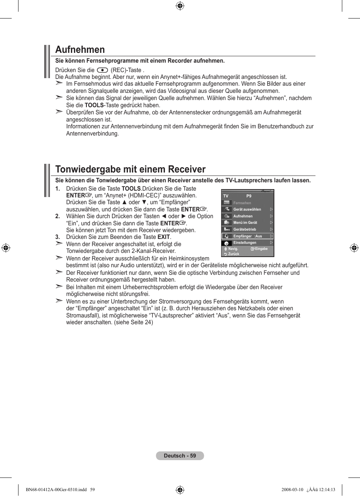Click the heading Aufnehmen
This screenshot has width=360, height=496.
point(80,49)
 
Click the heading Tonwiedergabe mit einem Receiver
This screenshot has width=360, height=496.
point(130,169)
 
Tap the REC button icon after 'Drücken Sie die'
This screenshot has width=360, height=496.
point(102,70)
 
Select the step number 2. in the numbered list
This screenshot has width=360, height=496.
point(58,216)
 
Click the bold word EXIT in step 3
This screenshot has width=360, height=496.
point(163,237)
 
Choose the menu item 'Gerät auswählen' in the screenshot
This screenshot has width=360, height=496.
point(247,209)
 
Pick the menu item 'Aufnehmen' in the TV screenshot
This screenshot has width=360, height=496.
point(243,216)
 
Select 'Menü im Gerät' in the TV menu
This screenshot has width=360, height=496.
point(245,223)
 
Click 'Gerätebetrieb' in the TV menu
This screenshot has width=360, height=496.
point(245,230)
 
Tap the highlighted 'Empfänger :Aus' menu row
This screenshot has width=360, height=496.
point(248,236)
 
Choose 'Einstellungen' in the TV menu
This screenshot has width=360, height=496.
point(245,243)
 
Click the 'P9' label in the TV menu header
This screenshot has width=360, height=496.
point(249,196)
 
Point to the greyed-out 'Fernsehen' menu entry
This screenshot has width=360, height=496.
point(242,203)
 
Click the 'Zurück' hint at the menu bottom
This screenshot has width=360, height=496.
point(234,254)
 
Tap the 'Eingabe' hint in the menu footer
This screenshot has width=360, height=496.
point(261,249)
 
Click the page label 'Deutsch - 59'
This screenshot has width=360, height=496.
point(180,456)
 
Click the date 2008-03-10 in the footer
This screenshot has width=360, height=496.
point(292,490)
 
